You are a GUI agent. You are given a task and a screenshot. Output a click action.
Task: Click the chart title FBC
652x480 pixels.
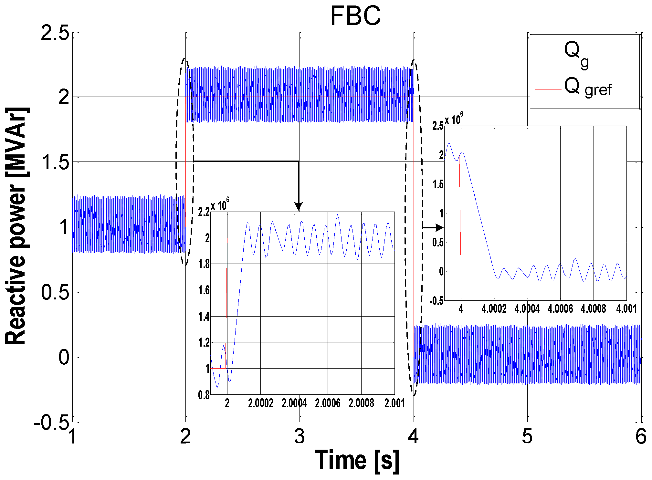[x=355, y=16]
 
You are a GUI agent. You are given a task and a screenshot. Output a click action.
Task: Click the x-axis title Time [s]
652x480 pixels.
[x=357, y=460]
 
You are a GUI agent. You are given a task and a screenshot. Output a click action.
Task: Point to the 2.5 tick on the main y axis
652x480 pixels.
[x=55, y=33]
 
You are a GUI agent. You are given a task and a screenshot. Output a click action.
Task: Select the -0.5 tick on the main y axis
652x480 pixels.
[x=52, y=422]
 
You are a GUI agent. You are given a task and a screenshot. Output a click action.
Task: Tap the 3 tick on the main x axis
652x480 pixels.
[x=300, y=437]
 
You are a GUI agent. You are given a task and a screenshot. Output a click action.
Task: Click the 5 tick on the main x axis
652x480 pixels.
[x=527, y=437]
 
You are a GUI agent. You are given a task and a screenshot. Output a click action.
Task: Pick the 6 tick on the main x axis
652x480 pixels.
[x=641, y=437]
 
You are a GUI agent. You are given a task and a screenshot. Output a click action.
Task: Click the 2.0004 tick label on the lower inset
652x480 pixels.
[x=294, y=403]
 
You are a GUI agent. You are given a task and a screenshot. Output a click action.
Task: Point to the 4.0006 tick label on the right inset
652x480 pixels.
[x=560, y=309]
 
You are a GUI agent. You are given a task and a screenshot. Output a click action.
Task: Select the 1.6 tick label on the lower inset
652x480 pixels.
[x=204, y=290]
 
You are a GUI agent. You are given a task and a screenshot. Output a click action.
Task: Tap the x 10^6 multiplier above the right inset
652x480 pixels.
[x=454, y=120]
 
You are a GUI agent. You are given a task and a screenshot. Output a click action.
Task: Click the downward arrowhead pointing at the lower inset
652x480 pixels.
[x=299, y=206]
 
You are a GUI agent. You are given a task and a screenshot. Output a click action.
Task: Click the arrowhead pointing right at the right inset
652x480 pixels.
[x=439, y=227]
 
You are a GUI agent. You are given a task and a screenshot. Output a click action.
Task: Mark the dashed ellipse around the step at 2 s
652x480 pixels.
[x=176, y=162]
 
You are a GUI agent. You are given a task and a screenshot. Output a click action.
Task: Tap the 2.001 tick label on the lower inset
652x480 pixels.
[x=394, y=403]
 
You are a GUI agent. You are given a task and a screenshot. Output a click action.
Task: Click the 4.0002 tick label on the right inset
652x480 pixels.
[x=494, y=309]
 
